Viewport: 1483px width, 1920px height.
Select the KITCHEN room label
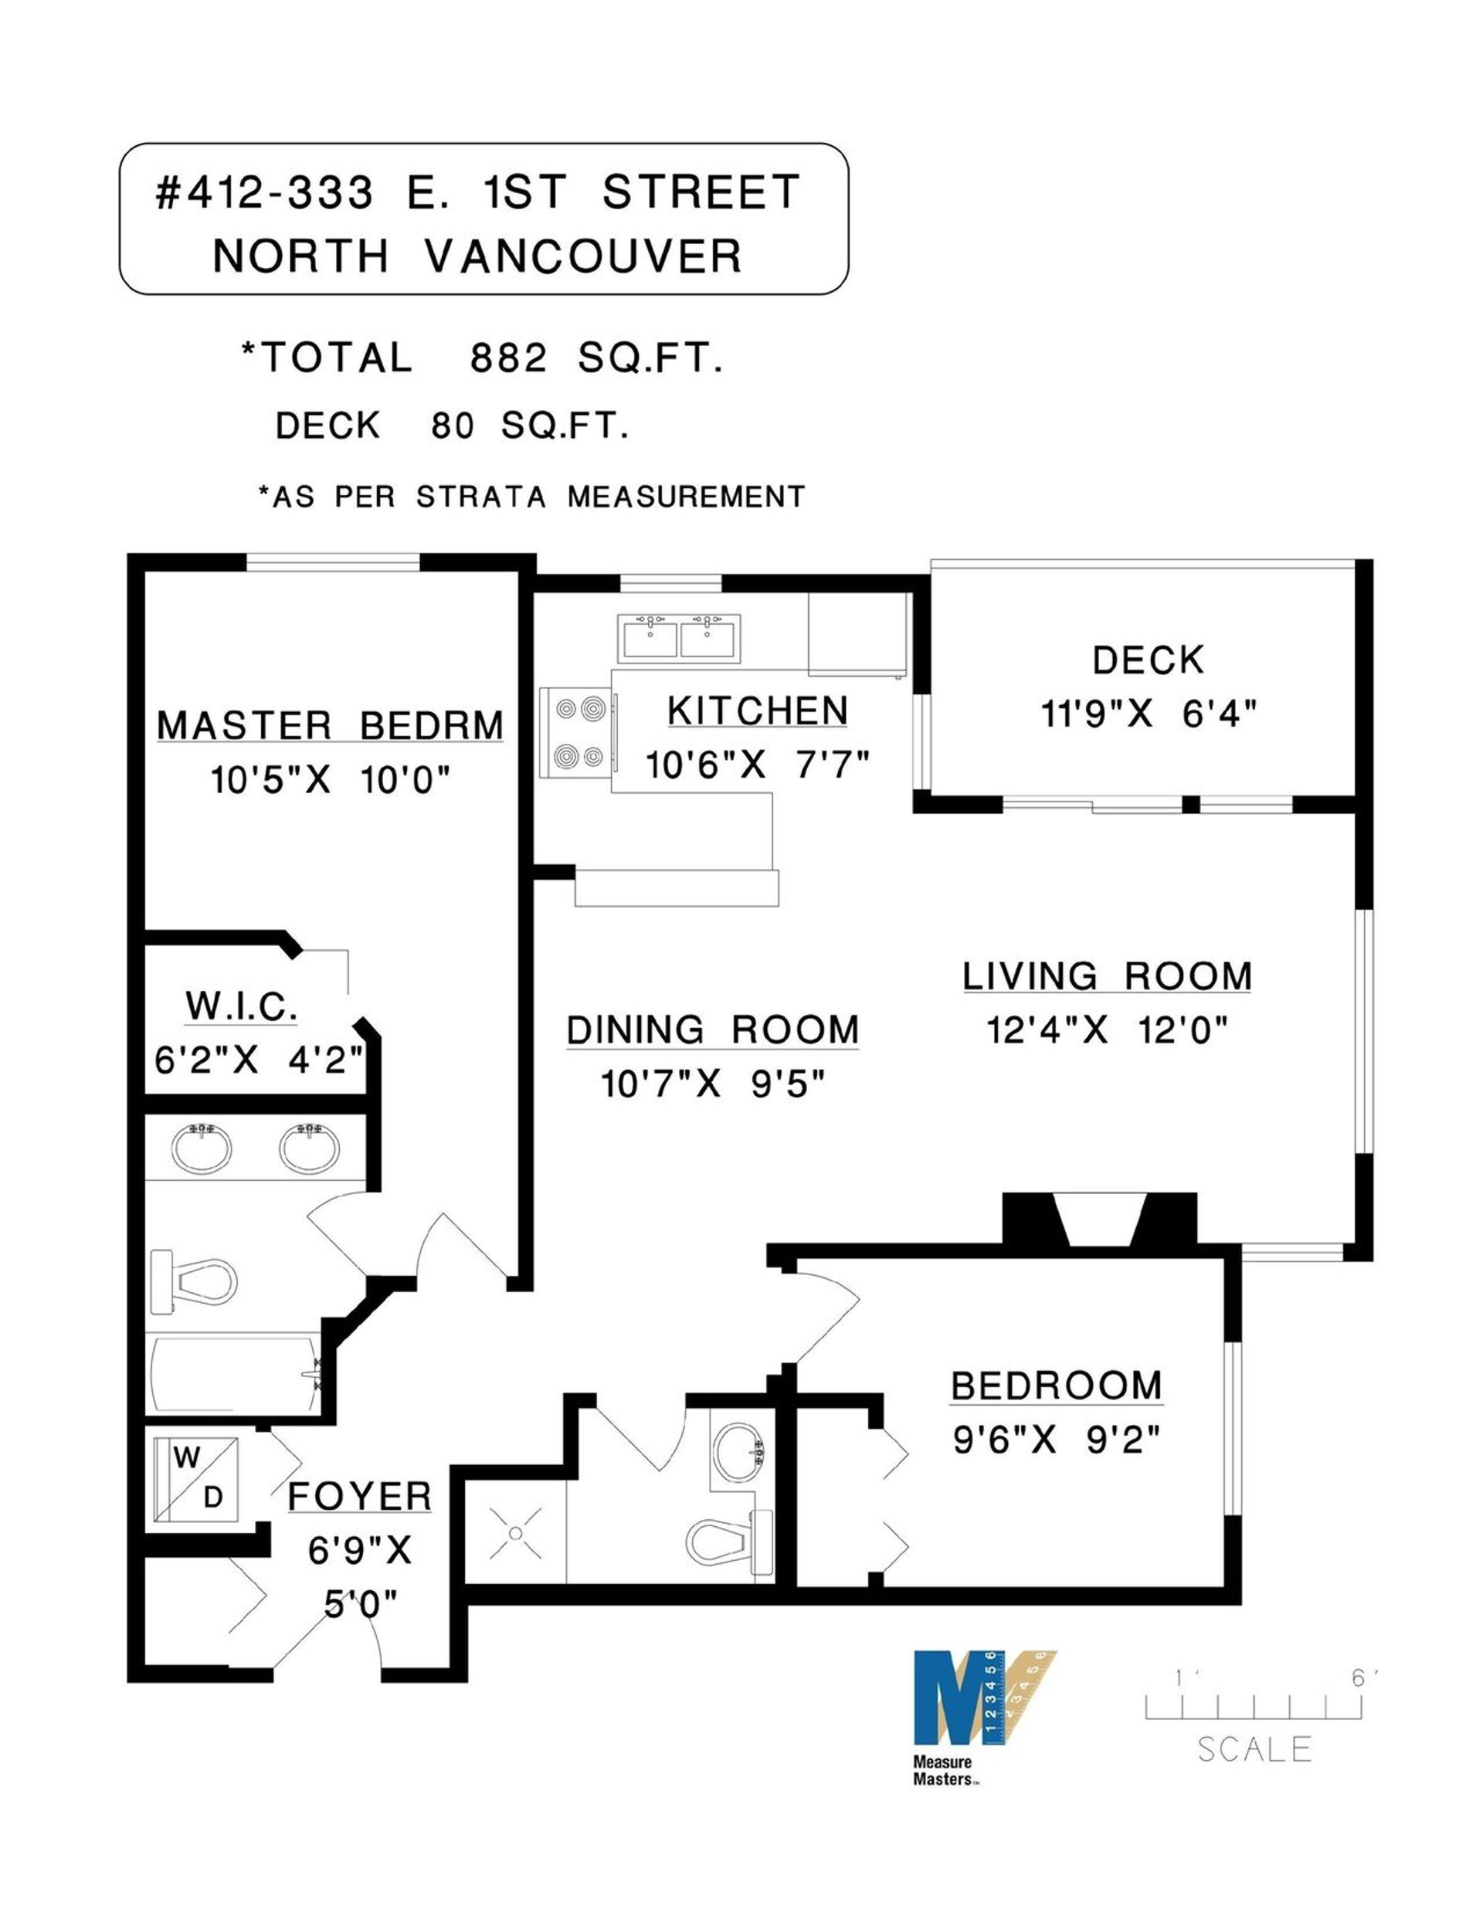(757, 711)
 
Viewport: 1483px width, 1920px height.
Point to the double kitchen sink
(679, 637)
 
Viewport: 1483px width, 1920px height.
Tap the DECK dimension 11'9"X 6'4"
(1149, 714)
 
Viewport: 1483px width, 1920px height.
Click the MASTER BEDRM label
(331, 726)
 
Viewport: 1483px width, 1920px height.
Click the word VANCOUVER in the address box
(584, 256)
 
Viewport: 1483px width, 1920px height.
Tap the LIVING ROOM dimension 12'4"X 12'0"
(1107, 1029)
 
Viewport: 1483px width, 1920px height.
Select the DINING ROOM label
(712, 1030)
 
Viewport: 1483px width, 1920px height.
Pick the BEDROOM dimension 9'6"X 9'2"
(1057, 1440)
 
